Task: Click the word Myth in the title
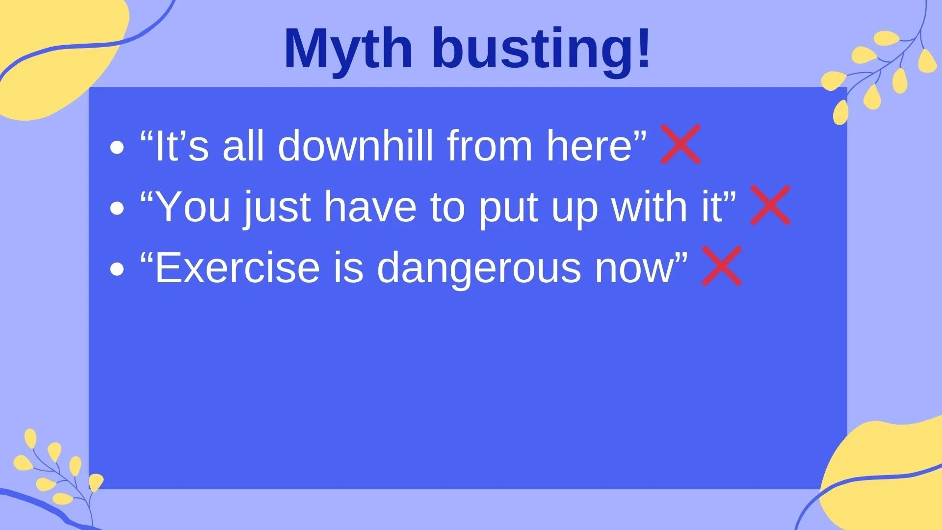[x=348, y=49]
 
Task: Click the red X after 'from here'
[x=680, y=144]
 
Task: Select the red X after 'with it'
[x=770, y=205]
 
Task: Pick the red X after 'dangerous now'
[x=722, y=266]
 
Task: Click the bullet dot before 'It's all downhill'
[x=117, y=147]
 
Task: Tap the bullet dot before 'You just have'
[x=117, y=208]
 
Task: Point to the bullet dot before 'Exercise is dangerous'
[x=117, y=269]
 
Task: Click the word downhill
[x=356, y=145]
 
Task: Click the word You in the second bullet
[x=194, y=207]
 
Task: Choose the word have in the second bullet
[x=370, y=207]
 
